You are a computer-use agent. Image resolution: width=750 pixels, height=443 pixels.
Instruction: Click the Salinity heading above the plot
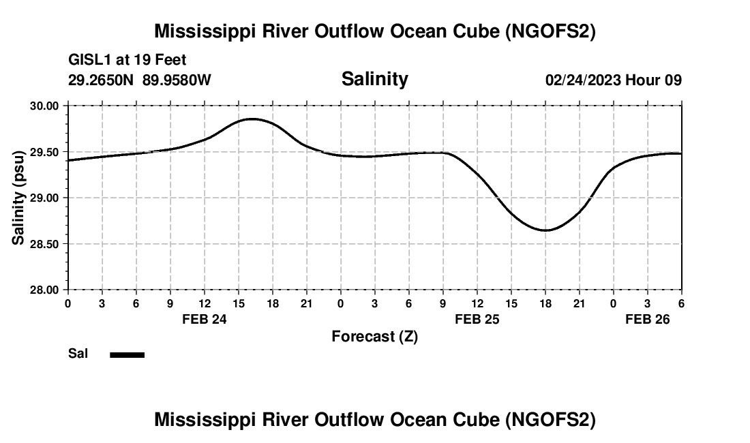pos(374,79)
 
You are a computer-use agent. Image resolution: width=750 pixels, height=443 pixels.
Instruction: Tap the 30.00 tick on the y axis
pos(45,106)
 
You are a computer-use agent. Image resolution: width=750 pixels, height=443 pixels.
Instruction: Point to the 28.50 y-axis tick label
pos(45,244)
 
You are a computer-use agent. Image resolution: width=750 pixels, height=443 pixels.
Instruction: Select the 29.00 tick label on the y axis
pos(45,198)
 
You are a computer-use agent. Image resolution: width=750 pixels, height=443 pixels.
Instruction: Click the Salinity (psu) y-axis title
pos(18,198)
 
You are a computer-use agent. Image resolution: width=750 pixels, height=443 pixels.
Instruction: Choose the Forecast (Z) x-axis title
pos(374,336)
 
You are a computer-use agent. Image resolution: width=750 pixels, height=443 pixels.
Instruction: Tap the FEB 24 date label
pos(204,319)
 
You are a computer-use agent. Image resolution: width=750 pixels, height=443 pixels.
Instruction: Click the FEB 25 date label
pos(477,319)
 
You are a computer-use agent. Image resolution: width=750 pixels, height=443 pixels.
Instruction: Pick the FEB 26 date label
pos(648,319)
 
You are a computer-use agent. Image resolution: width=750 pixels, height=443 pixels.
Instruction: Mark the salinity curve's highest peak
pos(252,119)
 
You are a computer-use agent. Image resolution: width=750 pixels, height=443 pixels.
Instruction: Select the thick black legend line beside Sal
pos(127,354)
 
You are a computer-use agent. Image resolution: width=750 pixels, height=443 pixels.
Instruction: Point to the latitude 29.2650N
pos(102,80)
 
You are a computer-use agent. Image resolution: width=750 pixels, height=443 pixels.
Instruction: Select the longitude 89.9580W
pos(177,80)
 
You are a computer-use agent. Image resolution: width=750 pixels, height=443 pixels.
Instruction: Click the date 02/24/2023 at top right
pos(583,80)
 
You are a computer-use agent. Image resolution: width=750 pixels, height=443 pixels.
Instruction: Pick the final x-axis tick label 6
pos(681,303)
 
